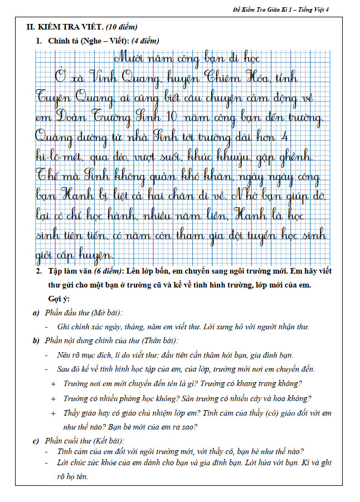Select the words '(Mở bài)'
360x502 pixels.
coord(106,313)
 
